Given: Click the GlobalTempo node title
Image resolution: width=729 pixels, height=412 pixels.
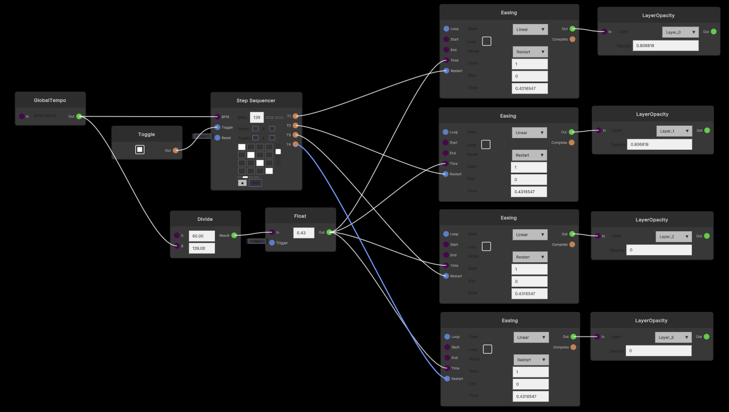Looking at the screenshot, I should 50,100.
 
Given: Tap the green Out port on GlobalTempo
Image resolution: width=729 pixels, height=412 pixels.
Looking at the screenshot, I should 79,117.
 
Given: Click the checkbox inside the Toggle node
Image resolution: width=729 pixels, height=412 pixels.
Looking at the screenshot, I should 140,150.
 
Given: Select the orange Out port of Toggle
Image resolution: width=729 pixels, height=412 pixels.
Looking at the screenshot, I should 175,150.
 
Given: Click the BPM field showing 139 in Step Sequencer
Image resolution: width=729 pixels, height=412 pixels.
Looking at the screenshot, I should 257,118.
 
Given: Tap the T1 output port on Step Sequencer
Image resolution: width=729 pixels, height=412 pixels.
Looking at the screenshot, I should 296,116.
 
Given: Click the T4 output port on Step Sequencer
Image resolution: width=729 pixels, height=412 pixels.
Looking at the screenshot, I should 296,144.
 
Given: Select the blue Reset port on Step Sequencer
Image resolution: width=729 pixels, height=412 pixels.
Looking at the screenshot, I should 217,138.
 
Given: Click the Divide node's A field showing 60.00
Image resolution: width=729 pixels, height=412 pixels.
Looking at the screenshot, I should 201,236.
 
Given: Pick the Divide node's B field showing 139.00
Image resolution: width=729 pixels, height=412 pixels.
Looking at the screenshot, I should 201,248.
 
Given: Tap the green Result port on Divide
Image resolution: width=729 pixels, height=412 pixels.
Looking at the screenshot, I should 234,235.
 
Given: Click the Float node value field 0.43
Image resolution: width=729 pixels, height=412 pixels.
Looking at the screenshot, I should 304,232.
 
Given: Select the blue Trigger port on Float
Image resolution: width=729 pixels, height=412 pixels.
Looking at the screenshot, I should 272,243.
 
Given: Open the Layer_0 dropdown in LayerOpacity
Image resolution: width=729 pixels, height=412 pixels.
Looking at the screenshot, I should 680,32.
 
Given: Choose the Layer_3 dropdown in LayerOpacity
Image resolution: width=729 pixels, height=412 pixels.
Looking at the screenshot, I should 673,337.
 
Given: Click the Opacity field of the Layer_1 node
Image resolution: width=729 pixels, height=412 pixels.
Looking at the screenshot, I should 659,144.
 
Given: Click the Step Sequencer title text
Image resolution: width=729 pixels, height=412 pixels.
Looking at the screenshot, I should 256,101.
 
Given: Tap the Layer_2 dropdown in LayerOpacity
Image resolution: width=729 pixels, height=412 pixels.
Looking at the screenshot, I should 673,236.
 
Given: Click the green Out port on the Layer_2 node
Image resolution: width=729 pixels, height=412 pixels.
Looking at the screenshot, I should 706,236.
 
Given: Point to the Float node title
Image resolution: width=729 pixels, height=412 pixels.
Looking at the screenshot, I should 300,216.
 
